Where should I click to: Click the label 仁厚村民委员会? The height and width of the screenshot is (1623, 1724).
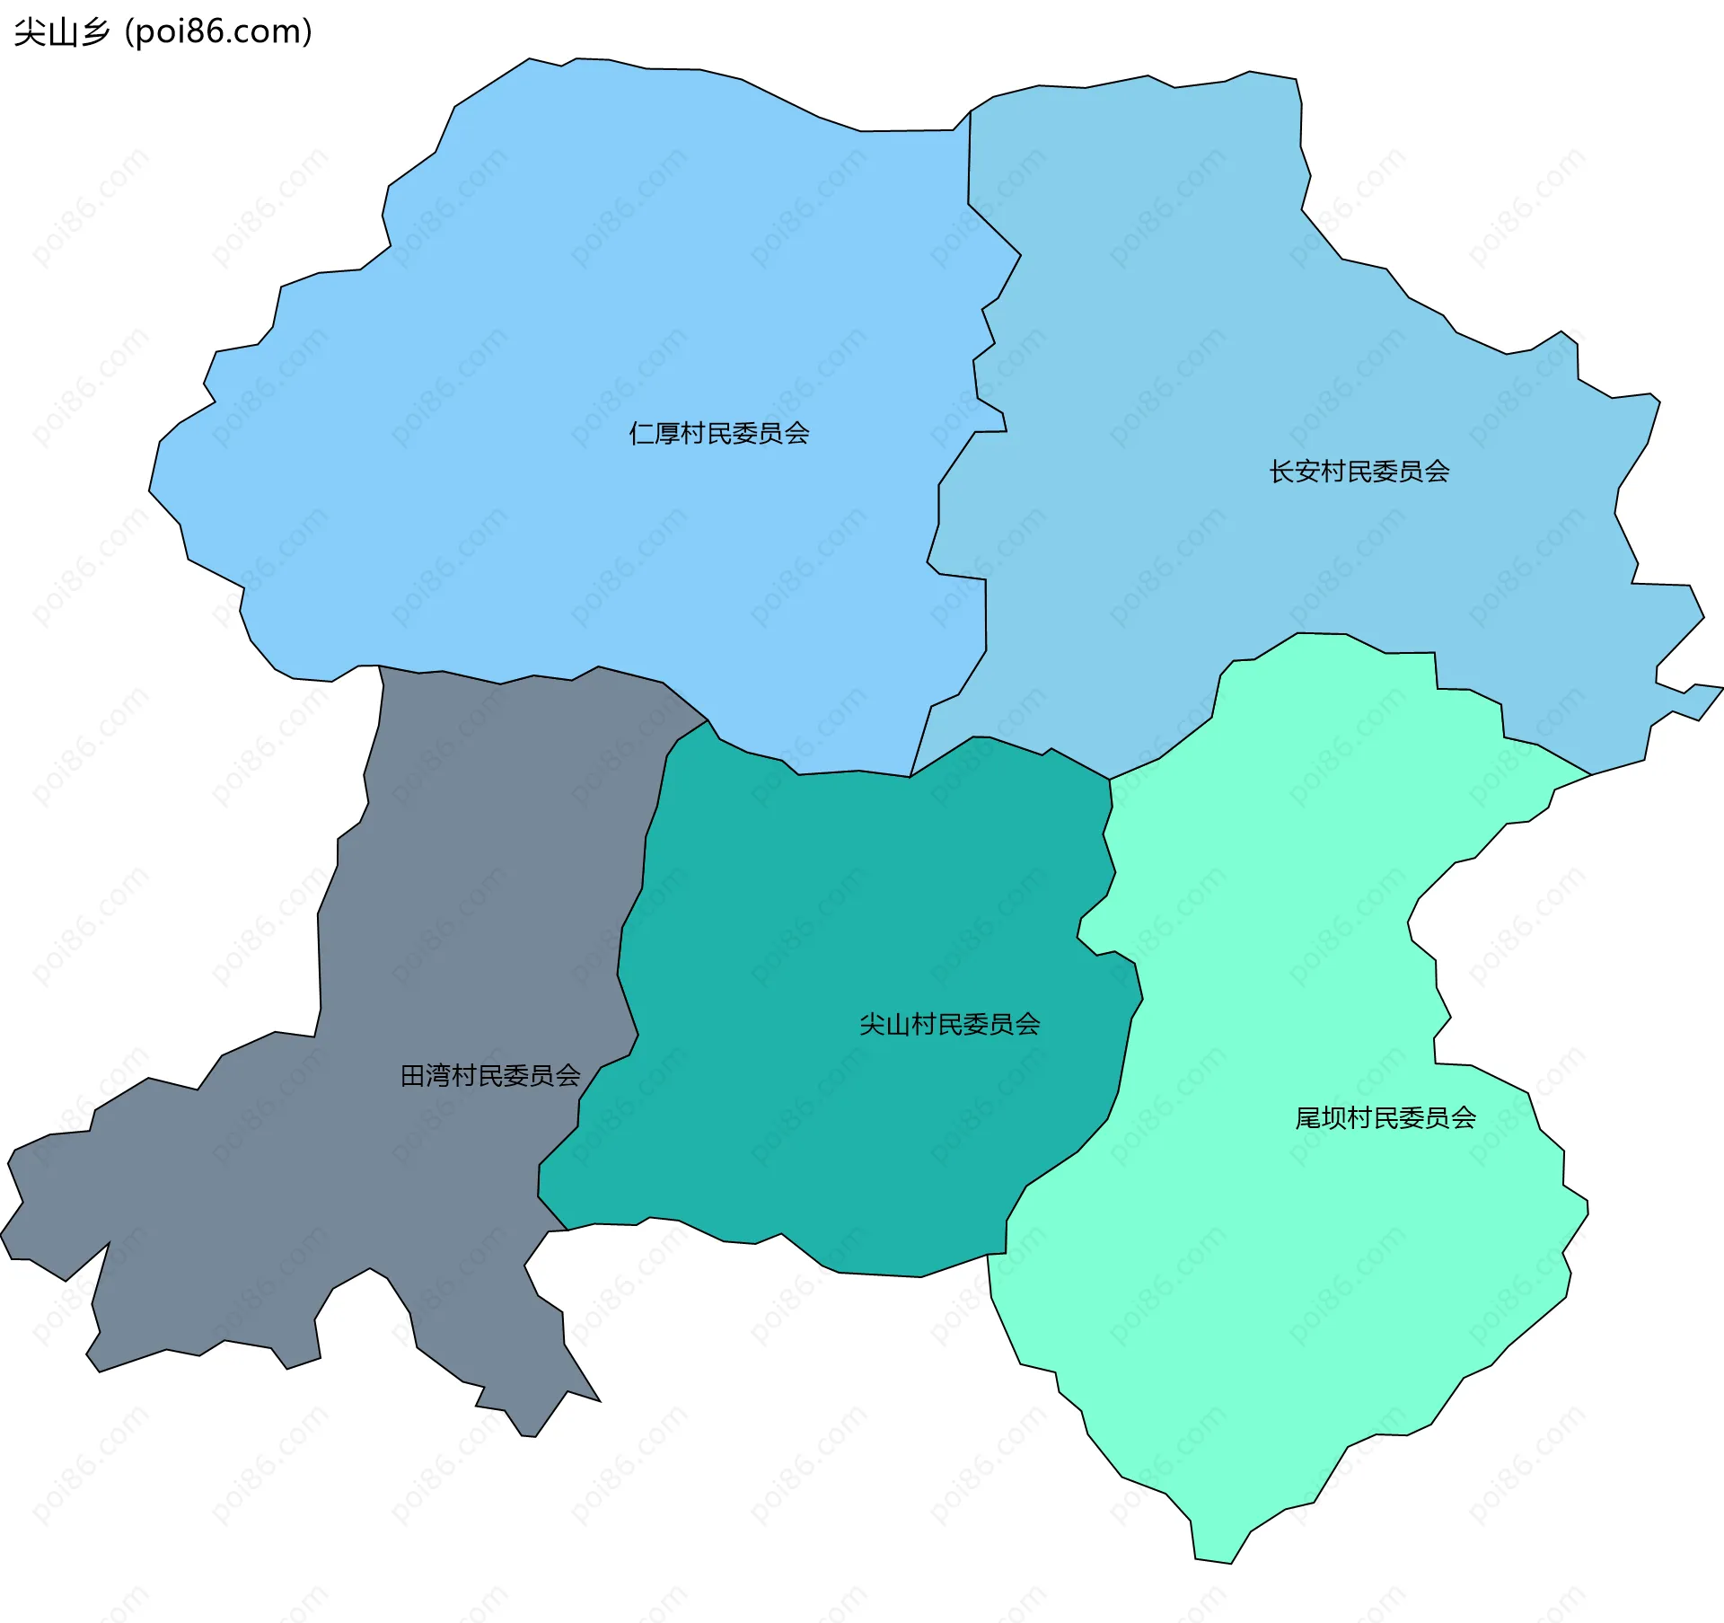click(x=718, y=434)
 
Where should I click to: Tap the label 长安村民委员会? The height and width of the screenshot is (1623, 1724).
click(x=1359, y=472)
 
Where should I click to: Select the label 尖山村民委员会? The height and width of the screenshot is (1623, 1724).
click(x=949, y=1024)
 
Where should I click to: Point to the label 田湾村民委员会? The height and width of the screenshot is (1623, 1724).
click(x=489, y=1075)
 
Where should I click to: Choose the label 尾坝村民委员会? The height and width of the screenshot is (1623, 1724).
click(x=1385, y=1117)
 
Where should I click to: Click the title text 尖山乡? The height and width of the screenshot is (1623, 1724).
click(x=61, y=32)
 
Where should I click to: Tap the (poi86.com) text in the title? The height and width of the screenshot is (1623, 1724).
click(x=218, y=32)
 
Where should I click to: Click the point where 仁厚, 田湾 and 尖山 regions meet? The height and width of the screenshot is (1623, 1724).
click(x=708, y=720)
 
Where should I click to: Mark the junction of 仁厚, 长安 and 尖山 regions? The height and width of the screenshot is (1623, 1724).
click(x=910, y=776)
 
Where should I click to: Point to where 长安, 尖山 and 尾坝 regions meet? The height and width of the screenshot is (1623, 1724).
click(x=1110, y=779)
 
